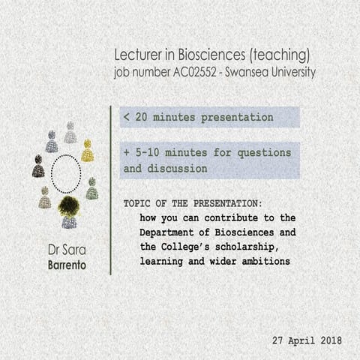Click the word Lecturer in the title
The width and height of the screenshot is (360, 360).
pyautogui.click(x=139, y=55)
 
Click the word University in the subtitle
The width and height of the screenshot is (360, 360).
pyautogui.click(x=292, y=73)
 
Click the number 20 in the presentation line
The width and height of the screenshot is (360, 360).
pyautogui.click(x=142, y=118)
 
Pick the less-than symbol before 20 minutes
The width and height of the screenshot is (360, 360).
pyautogui.click(x=127, y=118)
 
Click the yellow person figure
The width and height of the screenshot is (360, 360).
pyautogui.click(x=87, y=151)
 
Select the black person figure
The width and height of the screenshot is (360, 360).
pyautogui.click(x=38, y=166)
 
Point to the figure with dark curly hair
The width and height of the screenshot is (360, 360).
pyautogui.click(x=70, y=209)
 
